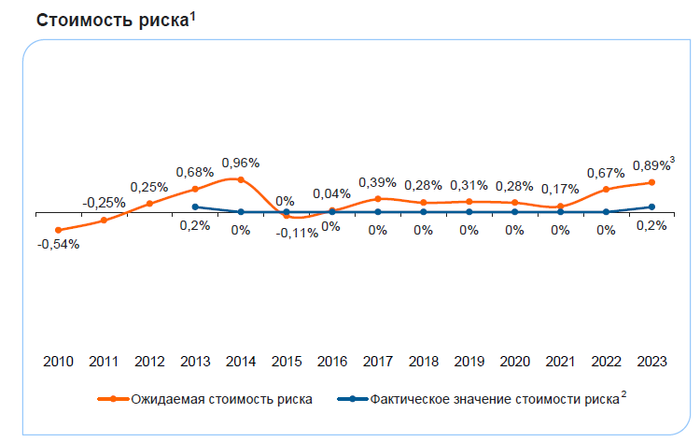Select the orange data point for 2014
pyautogui.click(x=241, y=178)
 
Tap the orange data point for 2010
pyautogui.click(x=58, y=230)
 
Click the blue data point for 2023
pyautogui.click(x=651, y=207)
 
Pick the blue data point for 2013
pyautogui.click(x=195, y=207)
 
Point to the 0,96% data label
pyautogui.click(x=241, y=162)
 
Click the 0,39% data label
pyautogui.click(x=377, y=181)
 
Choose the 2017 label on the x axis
pyautogui.click(x=377, y=361)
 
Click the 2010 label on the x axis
pyautogui.click(x=58, y=361)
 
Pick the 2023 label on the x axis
pyautogui.click(x=651, y=361)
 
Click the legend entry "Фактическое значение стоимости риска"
pyautogui.click(x=495, y=398)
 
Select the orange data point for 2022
pyautogui.click(x=606, y=190)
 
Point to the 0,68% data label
pyautogui.click(x=195, y=172)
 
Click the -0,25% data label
pyautogui.click(x=104, y=202)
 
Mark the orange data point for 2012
pyautogui.click(x=149, y=203)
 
